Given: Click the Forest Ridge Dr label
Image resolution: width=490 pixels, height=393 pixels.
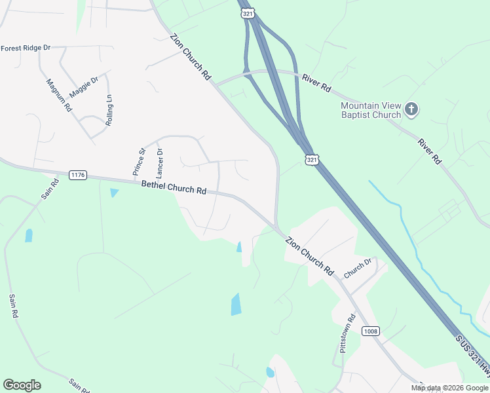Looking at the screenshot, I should click(x=26, y=48).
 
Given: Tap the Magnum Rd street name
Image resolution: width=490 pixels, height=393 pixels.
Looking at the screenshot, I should click(x=59, y=96).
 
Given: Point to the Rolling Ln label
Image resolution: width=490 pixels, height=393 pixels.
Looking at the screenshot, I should click(x=109, y=110).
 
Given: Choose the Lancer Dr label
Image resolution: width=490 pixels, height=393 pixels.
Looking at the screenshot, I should click(x=159, y=164).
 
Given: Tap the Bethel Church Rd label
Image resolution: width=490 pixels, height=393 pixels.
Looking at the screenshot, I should click(x=174, y=188).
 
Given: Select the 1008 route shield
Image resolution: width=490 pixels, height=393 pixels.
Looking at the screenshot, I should click(x=371, y=331).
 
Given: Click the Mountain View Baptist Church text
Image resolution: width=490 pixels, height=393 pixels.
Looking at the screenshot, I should click(x=371, y=110).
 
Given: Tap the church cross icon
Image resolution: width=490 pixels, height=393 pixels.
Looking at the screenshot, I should click(x=411, y=109).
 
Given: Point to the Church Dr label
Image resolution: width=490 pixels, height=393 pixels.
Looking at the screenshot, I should click(x=358, y=267).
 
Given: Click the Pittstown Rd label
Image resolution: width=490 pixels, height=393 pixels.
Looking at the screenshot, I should click(x=345, y=333).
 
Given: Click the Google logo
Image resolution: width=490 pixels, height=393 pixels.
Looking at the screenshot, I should click(x=22, y=385).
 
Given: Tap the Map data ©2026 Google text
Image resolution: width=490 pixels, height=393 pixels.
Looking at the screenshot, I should click(x=449, y=388).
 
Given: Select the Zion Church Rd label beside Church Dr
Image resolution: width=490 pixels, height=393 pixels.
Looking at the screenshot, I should click(x=310, y=256).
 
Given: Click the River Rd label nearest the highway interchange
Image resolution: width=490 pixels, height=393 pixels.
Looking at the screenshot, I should click(x=316, y=83).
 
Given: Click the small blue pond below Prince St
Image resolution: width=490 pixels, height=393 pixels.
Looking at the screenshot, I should click(x=115, y=193).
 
